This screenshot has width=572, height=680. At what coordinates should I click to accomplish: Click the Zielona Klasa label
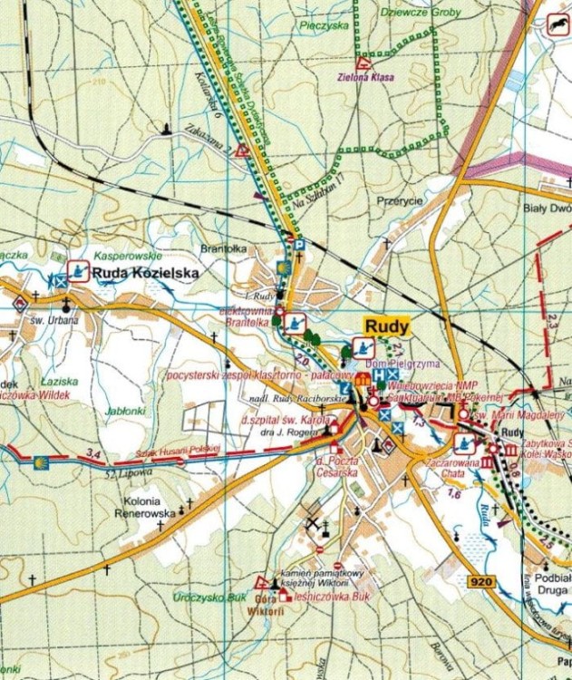coord(365,78)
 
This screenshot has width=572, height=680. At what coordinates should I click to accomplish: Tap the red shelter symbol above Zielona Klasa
coord(363,63)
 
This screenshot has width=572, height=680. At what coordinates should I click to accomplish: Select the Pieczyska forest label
coord(326,26)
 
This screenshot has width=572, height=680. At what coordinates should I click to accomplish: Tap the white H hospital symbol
coord(379,374)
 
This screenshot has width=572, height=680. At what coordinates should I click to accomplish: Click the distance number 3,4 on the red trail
coord(89,452)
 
